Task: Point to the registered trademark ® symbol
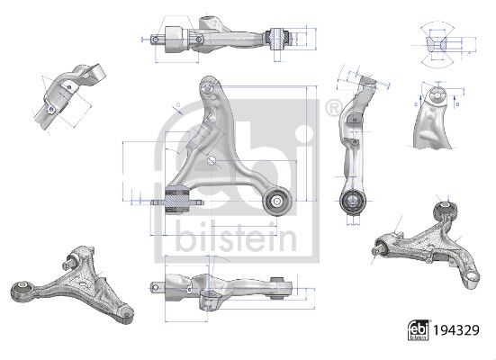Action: pos(331,109)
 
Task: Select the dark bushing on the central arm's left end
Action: pos(177,197)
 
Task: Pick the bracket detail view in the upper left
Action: pos(68,95)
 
